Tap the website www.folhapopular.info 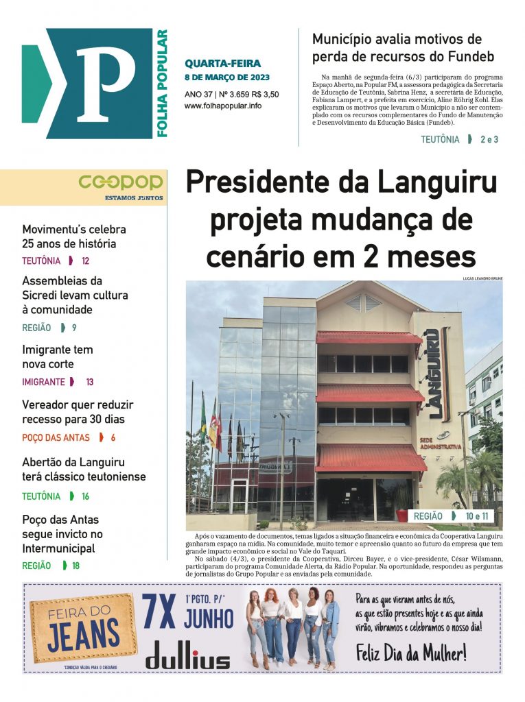222,106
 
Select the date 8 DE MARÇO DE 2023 227,77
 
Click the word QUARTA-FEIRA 222,64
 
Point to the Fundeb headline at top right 403,47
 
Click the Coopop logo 120,182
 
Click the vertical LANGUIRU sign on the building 434,374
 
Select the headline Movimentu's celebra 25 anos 74,237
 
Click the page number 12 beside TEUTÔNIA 85,261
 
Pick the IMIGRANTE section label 43,382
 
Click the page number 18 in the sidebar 75,566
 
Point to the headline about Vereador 78,412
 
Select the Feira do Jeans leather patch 81,626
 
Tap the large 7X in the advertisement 159,612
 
